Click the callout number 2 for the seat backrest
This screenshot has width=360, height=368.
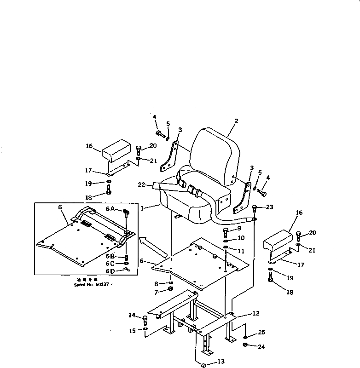click(x=236, y=121)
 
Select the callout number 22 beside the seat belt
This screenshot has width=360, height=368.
click(x=142, y=185)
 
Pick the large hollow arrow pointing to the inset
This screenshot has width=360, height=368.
click(x=152, y=247)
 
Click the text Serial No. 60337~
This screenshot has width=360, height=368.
click(x=93, y=285)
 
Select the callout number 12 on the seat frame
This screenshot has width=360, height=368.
click(x=256, y=313)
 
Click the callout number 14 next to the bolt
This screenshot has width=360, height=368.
click(x=132, y=316)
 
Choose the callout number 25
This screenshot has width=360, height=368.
click(x=261, y=332)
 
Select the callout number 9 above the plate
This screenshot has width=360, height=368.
click(x=239, y=229)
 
